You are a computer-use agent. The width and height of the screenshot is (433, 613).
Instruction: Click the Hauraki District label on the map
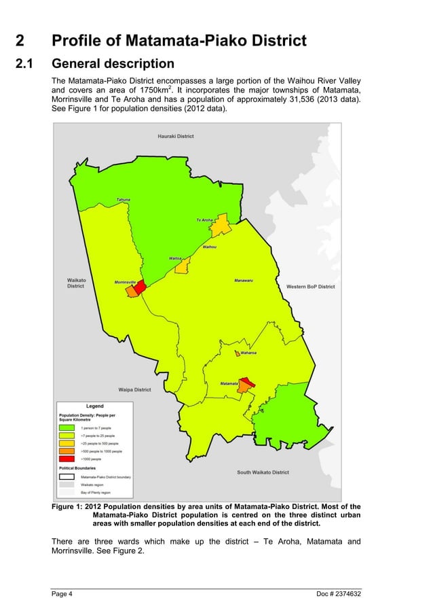[x=176, y=136]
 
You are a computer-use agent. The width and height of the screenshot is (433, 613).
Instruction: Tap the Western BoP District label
[x=310, y=287]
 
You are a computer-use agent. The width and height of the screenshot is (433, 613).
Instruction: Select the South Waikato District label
[x=263, y=472]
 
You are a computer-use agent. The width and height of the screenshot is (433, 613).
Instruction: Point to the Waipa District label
[x=134, y=390]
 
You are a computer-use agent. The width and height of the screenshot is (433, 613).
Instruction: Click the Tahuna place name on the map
[x=123, y=200]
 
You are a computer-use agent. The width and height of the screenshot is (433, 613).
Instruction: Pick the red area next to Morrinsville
[x=140, y=287]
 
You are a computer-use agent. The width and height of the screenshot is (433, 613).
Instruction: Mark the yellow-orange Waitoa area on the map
[x=182, y=266]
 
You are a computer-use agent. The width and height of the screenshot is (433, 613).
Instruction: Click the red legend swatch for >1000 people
[x=67, y=459]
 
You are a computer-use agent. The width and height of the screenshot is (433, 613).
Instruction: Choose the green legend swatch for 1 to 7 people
[x=67, y=427]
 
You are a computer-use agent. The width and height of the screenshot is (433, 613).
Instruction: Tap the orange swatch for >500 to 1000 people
[x=67, y=451]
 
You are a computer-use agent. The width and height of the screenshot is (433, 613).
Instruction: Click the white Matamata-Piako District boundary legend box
[x=67, y=477]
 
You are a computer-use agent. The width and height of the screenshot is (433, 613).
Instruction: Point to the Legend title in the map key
[x=94, y=406]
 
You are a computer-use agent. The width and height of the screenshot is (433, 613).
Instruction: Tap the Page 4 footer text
[x=62, y=595]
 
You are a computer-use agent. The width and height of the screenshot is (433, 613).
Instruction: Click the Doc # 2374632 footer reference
[x=339, y=595]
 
